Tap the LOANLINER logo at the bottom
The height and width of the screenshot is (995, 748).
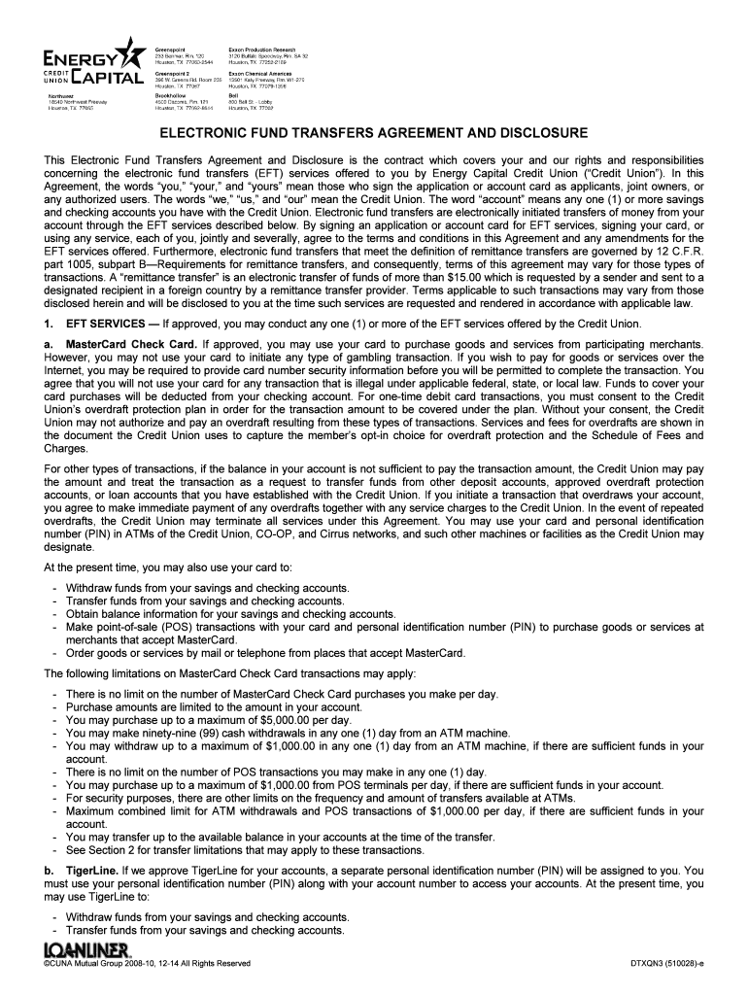coord(87,949)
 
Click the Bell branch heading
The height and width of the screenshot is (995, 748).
coord(233,96)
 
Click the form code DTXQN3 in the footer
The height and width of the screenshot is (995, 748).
coord(650,964)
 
